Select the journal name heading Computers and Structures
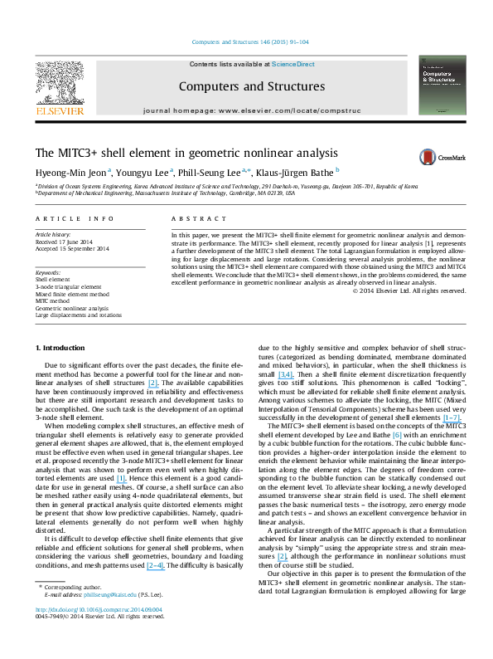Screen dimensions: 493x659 245,85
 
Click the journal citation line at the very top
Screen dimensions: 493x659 245,41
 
